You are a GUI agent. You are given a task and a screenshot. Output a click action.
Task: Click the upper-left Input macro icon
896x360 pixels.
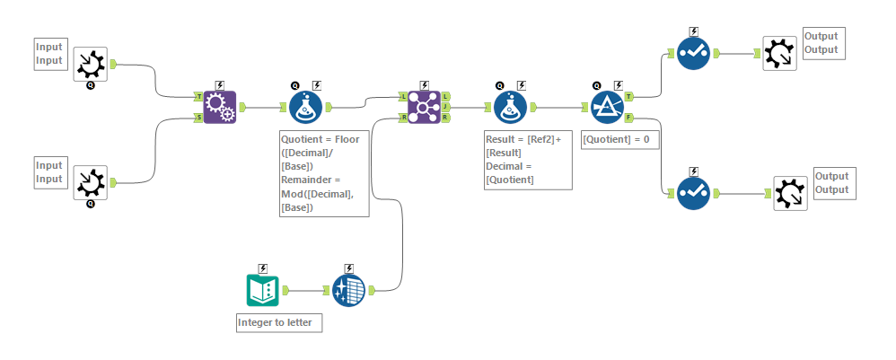pos(90,64)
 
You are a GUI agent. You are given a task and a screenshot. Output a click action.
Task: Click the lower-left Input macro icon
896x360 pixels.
pos(90,182)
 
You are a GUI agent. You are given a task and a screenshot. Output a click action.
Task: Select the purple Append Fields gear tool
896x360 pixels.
pos(219,107)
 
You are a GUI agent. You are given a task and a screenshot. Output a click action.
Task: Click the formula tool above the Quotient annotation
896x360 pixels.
pos(305,107)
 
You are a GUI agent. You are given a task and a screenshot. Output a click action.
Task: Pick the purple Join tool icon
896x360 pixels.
pos(424,107)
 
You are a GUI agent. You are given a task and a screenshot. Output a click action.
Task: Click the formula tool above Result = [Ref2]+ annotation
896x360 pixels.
pos(510,107)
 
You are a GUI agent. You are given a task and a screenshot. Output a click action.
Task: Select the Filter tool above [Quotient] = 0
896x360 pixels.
pos(608,107)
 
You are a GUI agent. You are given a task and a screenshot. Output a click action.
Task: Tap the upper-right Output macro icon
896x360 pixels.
pos(778,53)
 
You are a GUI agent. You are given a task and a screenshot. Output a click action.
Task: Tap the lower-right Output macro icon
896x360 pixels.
pos(790,193)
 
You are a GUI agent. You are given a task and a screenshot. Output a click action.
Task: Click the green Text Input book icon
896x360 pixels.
pos(262,290)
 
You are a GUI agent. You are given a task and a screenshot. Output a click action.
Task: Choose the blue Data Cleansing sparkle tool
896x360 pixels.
pos(348,290)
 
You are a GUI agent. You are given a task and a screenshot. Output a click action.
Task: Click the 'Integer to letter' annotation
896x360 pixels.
pos(278,322)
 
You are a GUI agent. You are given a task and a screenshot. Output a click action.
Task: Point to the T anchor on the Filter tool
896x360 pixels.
pos(628,96)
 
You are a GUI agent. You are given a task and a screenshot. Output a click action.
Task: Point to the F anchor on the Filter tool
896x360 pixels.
pos(628,118)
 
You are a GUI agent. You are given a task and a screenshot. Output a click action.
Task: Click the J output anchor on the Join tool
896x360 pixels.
pos(446,107)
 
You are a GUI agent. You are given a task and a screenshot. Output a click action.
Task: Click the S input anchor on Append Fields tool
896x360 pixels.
pos(198,118)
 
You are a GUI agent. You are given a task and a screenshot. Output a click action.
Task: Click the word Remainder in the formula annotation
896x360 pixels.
pos(311,179)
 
